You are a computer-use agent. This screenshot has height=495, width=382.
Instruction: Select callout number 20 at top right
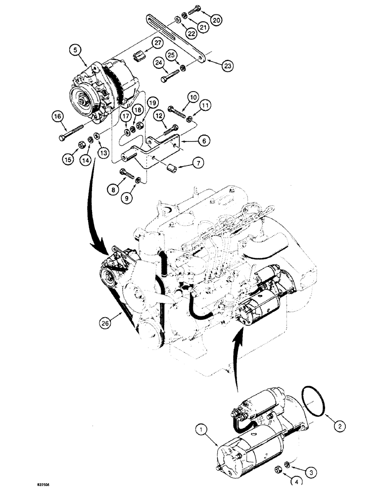(x=217, y=20)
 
